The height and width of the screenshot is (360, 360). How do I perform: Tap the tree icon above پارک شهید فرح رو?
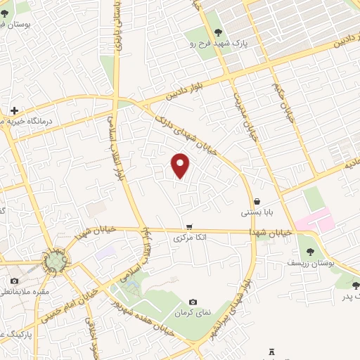[217, 32]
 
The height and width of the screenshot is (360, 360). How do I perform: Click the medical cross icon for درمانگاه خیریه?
[14, 110]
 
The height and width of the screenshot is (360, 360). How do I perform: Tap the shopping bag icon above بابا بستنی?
[257, 201]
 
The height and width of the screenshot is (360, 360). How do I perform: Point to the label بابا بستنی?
[257, 212]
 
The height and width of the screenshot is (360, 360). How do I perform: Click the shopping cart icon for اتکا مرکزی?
[189, 226]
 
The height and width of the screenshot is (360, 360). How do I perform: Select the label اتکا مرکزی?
[191, 238]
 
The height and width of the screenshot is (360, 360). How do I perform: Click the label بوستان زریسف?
[307, 262]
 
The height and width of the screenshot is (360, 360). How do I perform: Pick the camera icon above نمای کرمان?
[193, 302]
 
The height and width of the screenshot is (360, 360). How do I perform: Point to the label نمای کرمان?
[193, 312]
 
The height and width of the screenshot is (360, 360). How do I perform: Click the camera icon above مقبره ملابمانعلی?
[15, 281]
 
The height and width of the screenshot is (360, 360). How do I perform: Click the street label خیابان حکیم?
[282, 103]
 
